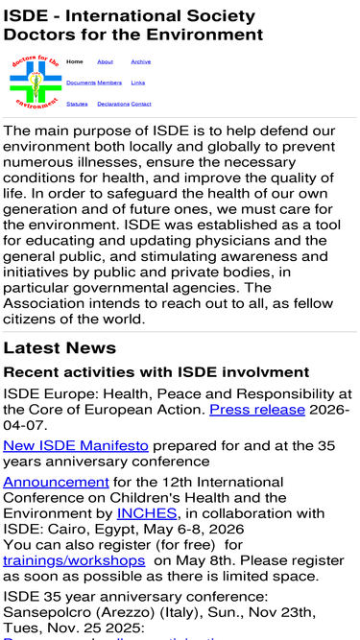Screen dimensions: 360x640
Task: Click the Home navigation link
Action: pyautogui.click(x=74, y=61)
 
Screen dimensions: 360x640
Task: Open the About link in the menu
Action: pyautogui.click(x=106, y=61)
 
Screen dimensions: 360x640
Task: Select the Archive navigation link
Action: pyautogui.click(x=140, y=61)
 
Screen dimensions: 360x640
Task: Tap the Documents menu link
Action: pyautogui.click(x=81, y=83)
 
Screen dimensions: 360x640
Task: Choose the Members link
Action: pyautogui.click(x=109, y=83)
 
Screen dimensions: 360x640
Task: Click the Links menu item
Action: pyautogui.click(x=138, y=83)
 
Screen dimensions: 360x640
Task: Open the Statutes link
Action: pyautogui.click(x=77, y=104)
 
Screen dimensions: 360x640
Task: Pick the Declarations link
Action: pyautogui.click(x=113, y=104)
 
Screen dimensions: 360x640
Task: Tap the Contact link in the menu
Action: pyautogui.click(x=141, y=104)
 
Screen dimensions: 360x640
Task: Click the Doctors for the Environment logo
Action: pyautogui.click(x=35, y=83)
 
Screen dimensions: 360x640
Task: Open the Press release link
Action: pyautogui.click(x=257, y=410)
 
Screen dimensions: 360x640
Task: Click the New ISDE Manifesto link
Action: pyautogui.click(x=76, y=445)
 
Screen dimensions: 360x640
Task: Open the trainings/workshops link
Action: pyautogui.click(x=74, y=559)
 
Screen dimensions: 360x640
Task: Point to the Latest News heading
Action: pyautogui.click(x=60, y=347)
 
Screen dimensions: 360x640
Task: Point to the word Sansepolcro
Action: pyautogui.click(x=50, y=611)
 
